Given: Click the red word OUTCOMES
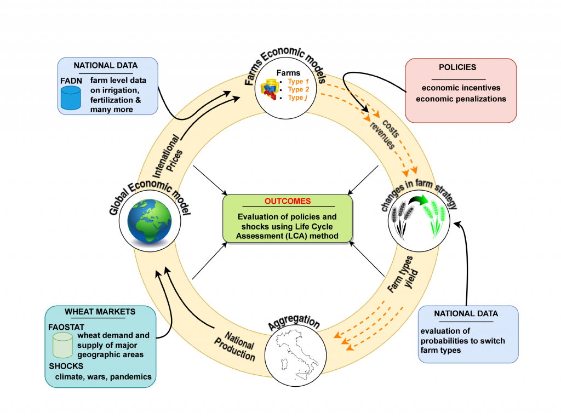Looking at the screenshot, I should (x=288, y=201).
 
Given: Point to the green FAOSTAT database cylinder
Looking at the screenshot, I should (x=62, y=345).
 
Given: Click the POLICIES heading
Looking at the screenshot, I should (x=457, y=67).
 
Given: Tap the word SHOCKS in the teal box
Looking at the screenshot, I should (x=66, y=365).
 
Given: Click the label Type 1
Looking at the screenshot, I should (x=299, y=82).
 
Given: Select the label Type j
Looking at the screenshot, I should (x=299, y=98).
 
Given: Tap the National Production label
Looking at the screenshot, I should (x=240, y=344).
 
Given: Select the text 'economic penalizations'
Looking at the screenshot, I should (x=461, y=99).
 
